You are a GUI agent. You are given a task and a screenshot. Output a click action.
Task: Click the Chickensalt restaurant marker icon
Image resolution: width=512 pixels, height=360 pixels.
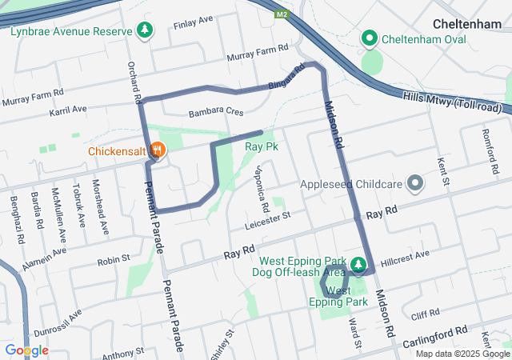point(158,150)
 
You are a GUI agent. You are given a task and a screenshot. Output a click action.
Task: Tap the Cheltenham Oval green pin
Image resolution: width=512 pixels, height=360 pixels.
point(370,38)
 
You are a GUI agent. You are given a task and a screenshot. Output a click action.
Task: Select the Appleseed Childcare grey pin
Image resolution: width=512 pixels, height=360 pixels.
point(415,184)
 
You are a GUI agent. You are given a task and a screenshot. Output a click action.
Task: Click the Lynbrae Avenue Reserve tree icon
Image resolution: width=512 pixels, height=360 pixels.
point(144,30)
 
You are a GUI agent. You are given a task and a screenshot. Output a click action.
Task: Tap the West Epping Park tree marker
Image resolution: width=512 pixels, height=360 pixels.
point(358,263)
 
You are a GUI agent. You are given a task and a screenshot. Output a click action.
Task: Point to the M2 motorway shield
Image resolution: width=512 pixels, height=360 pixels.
point(282,14)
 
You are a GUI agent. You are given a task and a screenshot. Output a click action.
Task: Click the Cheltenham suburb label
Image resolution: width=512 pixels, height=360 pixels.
point(466,25)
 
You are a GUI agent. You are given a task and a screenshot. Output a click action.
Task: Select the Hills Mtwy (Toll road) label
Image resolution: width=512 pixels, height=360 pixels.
point(452,102)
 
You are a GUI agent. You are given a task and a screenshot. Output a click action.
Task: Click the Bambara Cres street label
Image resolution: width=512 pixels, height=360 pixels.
point(215,114)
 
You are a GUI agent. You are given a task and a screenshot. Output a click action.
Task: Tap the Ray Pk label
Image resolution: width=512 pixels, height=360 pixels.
point(262,147)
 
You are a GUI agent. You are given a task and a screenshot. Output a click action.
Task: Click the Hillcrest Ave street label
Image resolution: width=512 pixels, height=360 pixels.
point(406,254)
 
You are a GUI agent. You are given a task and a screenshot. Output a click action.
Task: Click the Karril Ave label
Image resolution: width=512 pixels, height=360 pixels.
point(67,110)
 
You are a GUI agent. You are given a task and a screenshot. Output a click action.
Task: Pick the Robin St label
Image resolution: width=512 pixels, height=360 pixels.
point(114,259)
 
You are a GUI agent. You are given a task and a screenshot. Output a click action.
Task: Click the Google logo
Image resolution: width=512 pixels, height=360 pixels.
point(26,350)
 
